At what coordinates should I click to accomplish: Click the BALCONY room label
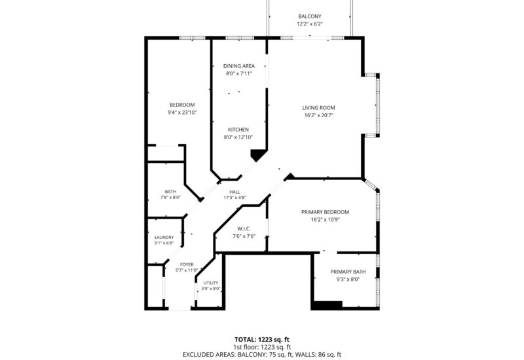coord(309,16)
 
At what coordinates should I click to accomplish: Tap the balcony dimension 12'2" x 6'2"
coord(309,24)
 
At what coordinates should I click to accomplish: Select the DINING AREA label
coord(239,66)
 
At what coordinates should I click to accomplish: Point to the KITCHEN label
coord(238,130)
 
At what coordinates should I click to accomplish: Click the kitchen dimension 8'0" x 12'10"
coord(238,137)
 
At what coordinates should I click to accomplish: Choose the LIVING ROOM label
coord(318,108)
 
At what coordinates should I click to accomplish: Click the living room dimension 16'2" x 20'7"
coord(318,116)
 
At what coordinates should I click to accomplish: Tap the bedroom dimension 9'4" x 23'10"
coord(182,113)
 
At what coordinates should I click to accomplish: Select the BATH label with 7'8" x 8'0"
coord(170,192)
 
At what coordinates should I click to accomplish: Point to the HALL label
coord(234,192)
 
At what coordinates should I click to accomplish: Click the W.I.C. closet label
coord(244,228)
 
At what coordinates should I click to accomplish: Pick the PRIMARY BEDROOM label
coord(325,212)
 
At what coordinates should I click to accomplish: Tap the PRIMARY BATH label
coord(348,272)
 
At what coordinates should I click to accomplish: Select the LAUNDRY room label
coord(164,238)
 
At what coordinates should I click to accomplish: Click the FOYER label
coord(187,265)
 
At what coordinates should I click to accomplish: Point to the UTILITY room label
coord(211,283)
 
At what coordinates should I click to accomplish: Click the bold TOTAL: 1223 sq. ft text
coord(262,340)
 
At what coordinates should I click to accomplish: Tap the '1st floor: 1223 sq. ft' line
coord(262,348)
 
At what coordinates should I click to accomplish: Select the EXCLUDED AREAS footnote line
coord(262,355)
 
